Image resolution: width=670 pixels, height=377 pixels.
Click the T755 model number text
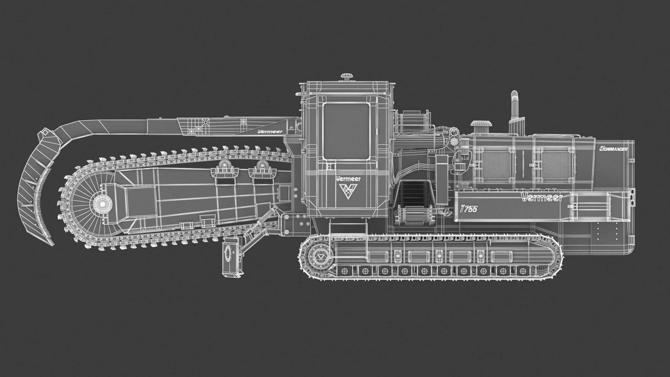point(468,209)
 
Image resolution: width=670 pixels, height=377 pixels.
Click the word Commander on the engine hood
point(613,149)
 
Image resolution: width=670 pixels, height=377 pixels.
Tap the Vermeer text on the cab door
point(348,178)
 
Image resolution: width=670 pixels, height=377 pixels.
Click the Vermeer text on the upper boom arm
point(265,132)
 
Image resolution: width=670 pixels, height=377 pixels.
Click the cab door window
point(346,131)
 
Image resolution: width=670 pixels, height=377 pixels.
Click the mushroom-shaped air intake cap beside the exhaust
point(481,125)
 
